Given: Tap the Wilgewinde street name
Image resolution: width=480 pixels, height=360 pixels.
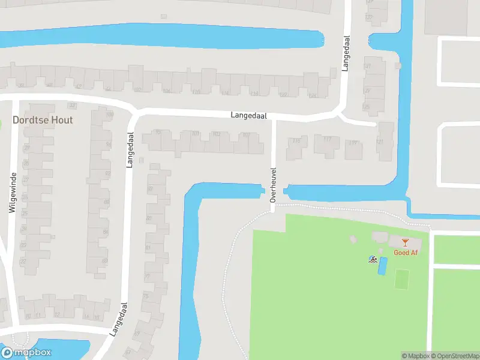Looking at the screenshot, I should tap(12, 192).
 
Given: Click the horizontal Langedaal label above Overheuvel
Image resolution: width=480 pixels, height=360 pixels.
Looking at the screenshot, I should tap(249, 115).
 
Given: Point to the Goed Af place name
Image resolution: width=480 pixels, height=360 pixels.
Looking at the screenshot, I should tap(406, 253).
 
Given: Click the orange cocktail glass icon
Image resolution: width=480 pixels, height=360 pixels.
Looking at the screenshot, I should tap(406, 242).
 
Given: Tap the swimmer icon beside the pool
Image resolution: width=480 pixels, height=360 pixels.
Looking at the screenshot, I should tap(373, 260).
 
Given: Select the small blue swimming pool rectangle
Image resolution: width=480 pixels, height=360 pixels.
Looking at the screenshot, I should tap(382, 266).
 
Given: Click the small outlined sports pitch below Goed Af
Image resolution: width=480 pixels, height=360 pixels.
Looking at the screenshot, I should tap(401, 278).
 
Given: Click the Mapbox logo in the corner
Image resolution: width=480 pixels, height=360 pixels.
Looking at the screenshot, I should tap(26, 353).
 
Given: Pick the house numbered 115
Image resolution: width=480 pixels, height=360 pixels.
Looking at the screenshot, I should tap(296, 142).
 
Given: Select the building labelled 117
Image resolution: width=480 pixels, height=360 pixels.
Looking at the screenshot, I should tap(327, 139).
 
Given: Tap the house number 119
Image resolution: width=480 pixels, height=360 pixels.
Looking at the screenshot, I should tap(353, 143).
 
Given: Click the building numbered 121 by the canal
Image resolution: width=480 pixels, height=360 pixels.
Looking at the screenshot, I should tap(380, 142).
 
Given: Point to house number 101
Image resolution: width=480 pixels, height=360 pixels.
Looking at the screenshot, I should tap(195, 134).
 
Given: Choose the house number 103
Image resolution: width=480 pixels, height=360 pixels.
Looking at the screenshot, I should tap(216, 134).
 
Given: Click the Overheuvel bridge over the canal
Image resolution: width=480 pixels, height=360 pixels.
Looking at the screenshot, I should tap(273, 193).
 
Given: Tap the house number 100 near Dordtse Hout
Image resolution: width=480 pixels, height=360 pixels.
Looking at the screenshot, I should tap(109, 115).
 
